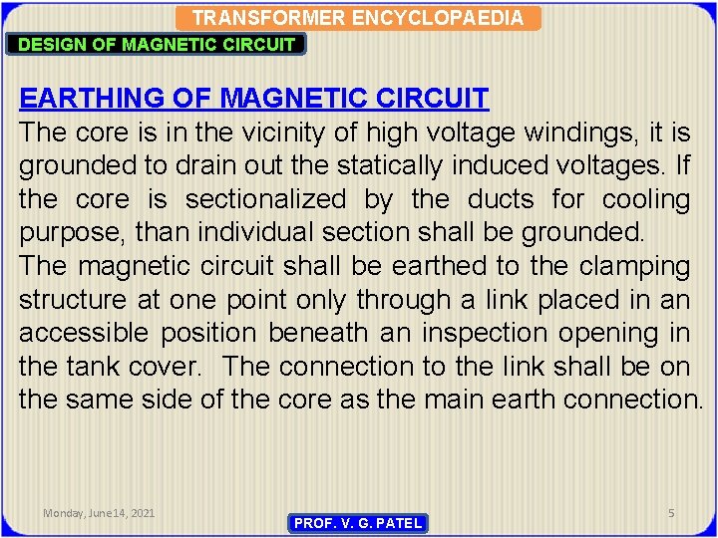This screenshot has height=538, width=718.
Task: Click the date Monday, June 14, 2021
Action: [x=99, y=513]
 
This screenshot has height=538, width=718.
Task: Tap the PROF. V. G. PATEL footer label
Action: [x=359, y=523]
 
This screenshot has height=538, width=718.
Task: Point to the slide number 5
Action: [x=671, y=513]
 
